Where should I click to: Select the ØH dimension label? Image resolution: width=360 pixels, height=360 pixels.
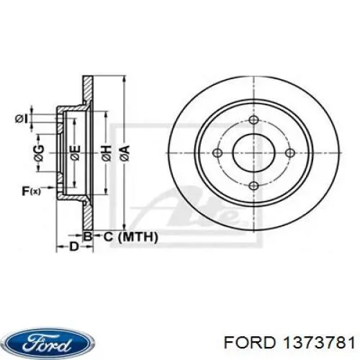pos(106,152)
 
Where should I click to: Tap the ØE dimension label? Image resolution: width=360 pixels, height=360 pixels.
pos(73,152)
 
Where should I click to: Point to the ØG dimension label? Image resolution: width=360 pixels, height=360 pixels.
pos(40,152)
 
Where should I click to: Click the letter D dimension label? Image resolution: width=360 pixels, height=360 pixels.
pos(73,247)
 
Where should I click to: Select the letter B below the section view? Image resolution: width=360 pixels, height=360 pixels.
pos(87,235)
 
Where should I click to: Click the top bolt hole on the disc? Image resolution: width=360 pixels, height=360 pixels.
pos(253,120)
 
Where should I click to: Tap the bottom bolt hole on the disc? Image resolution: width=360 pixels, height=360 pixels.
pos(253,185)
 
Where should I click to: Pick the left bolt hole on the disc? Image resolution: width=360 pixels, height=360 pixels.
pos(221,153)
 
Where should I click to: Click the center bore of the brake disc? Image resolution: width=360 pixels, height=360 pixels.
pos(253,153)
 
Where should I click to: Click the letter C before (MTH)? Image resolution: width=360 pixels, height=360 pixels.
pos(107,235)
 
